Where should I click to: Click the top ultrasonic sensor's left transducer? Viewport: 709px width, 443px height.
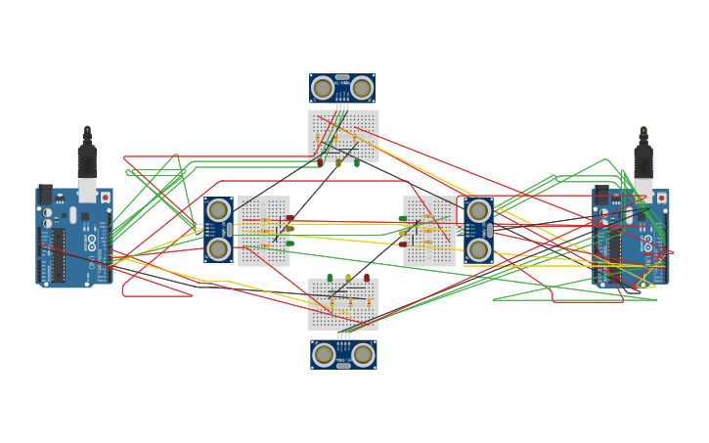pyautogui.click(x=323, y=88)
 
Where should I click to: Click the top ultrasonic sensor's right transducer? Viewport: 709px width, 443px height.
pyautogui.click(x=362, y=88)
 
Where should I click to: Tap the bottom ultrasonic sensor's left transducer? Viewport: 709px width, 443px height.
pyautogui.click(x=324, y=354)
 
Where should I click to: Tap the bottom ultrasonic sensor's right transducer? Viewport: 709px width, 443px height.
pyautogui.click(x=363, y=354)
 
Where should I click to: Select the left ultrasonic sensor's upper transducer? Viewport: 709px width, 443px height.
pyautogui.click(x=218, y=210)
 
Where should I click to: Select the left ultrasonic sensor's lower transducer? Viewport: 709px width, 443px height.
pyautogui.click(x=218, y=249)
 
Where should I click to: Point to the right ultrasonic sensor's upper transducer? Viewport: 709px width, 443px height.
pyautogui.click(x=478, y=211)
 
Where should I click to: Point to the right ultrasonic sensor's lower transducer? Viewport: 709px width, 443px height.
pyautogui.click(x=478, y=250)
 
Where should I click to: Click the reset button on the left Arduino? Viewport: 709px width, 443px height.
pyautogui.click(x=106, y=198)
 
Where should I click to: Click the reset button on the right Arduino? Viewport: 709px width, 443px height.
pyautogui.click(x=661, y=199)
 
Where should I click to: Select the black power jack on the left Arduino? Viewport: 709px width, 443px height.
pyautogui.click(x=45, y=194)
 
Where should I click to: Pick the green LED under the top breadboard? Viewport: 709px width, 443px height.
pyautogui.click(x=357, y=162)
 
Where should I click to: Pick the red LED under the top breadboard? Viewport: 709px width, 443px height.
pyautogui.click(x=320, y=162)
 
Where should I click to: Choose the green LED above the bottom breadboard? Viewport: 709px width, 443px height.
pyautogui.click(x=330, y=278)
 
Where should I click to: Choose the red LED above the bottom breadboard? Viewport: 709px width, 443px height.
pyautogui.click(x=367, y=278)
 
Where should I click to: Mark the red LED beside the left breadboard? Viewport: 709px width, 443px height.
pyautogui.click(x=290, y=219)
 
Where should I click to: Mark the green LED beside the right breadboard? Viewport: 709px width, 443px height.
pyautogui.click(x=402, y=219)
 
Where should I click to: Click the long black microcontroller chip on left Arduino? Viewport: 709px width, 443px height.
pyautogui.click(x=59, y=255)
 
